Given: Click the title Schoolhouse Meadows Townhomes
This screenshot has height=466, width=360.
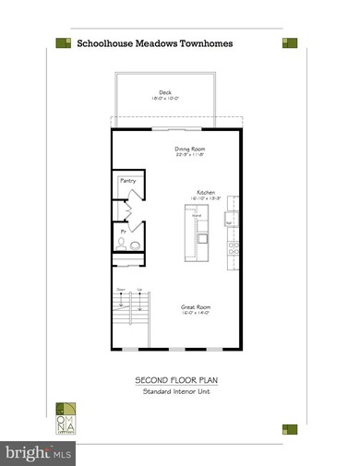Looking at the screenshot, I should coord(154,42).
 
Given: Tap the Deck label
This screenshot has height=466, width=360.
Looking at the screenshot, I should coord(165,92).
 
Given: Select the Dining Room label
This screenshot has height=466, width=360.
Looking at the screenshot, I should coord(190,149).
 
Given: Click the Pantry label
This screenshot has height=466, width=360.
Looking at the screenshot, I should coord(126,181).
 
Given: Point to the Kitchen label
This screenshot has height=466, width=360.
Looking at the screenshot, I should coord(206,192).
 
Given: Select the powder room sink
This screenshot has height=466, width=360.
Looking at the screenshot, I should coord(121,244).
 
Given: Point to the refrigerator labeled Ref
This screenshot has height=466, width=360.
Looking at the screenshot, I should coord(230,221).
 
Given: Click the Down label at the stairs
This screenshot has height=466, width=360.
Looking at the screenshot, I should coord(121,291).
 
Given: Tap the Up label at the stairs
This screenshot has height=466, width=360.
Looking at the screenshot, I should coord(139,291).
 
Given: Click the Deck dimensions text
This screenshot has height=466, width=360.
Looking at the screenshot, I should coord(165,100).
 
